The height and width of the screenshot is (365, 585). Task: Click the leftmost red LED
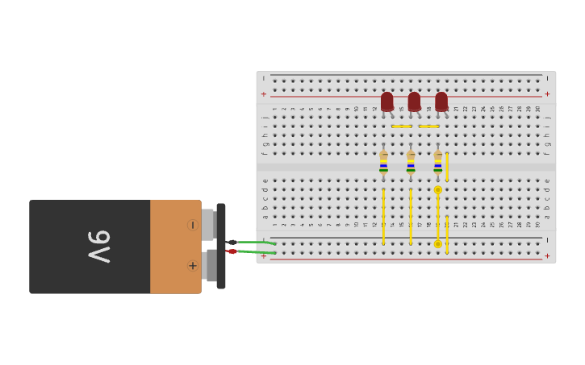click(x=387, y=102)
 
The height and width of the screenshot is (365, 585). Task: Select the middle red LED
click(x=414, y=102)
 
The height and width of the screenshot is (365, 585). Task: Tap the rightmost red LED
click(x=441, y=102)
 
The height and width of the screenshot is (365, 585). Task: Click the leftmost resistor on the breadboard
click(x=383, y=162)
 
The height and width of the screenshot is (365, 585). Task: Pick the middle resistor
click(x=411, y=162)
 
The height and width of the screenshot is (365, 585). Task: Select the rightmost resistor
click(x=438, y=162)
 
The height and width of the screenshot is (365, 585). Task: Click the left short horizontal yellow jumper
click(x=401, y=127)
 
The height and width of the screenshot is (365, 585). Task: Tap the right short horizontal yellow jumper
click(x=428, y=127)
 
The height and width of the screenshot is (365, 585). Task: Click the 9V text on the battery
click(x=98, y=247)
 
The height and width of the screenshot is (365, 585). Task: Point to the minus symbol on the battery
click(x=192, y=225)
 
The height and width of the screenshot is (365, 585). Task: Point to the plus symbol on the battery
click(x=193, y=265)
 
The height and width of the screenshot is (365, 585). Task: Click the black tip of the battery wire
click(x=232, y=242)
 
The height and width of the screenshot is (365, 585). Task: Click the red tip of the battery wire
click(x=232, y=251)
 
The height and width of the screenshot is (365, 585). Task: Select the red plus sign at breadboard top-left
click(x=263, y=94)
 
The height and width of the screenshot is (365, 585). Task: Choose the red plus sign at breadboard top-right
click(x=547, y=94)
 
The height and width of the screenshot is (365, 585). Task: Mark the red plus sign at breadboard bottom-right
click(x=547, y=256)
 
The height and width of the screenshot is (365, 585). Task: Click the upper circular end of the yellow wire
click(x=438, y=190)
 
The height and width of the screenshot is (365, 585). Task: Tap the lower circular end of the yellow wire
click(x=438, y=243)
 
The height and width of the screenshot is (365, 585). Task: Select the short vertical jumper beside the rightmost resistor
click(x=447, y=167)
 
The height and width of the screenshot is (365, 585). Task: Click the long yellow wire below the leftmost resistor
click(x=383, y=216)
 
